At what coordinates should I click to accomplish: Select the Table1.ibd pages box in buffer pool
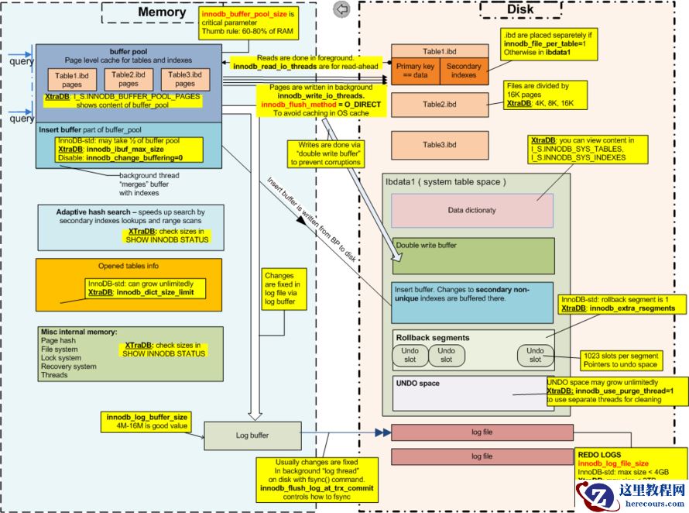coord(72,79)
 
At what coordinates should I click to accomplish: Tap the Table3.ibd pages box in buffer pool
coord(186,78)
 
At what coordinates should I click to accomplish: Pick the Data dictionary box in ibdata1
coord(472,210)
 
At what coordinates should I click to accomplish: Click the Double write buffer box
coord(473,256)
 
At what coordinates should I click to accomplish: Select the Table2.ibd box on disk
coord(439,103)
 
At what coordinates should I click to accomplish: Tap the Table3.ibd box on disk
coord(439,145)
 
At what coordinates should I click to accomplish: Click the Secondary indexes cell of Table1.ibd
coord(464,71)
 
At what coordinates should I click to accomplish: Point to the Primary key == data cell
coord(416,71)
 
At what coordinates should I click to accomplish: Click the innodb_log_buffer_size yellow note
coord(148,421)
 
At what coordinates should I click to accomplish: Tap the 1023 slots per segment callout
coord(623,360)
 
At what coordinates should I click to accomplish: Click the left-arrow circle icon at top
coord(341,9)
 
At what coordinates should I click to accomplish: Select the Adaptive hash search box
coord(131,227)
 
